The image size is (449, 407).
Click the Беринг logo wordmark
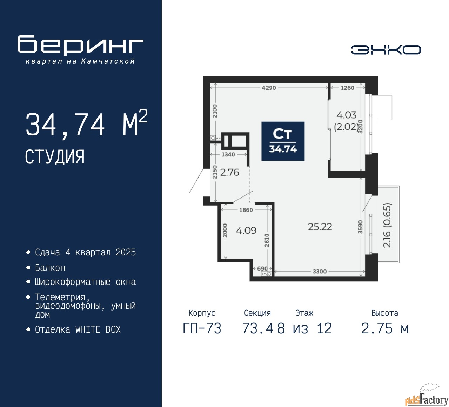[80, 45]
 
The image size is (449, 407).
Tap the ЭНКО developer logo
[386, 50]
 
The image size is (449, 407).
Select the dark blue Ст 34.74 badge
[283, 141]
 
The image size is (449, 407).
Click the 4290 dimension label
[269, 88]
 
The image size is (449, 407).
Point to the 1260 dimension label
[347, 88]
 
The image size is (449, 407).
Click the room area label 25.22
[320, 227]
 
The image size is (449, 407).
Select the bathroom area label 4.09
[246, 231]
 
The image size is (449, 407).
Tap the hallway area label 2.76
[230, 172]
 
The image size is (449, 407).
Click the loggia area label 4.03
[346, 115]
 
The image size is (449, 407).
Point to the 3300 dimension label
[320, 271]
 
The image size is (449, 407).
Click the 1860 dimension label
[246, 210]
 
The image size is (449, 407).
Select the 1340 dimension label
[228, 154]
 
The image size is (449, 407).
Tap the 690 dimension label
[262, 268]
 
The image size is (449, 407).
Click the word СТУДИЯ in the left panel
[55, 156]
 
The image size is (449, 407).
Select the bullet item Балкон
[50, 268]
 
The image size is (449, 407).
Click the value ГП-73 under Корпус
[202, 328]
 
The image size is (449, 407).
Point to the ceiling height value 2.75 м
[385, 328]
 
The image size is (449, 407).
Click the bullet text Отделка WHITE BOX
[78, 329]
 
